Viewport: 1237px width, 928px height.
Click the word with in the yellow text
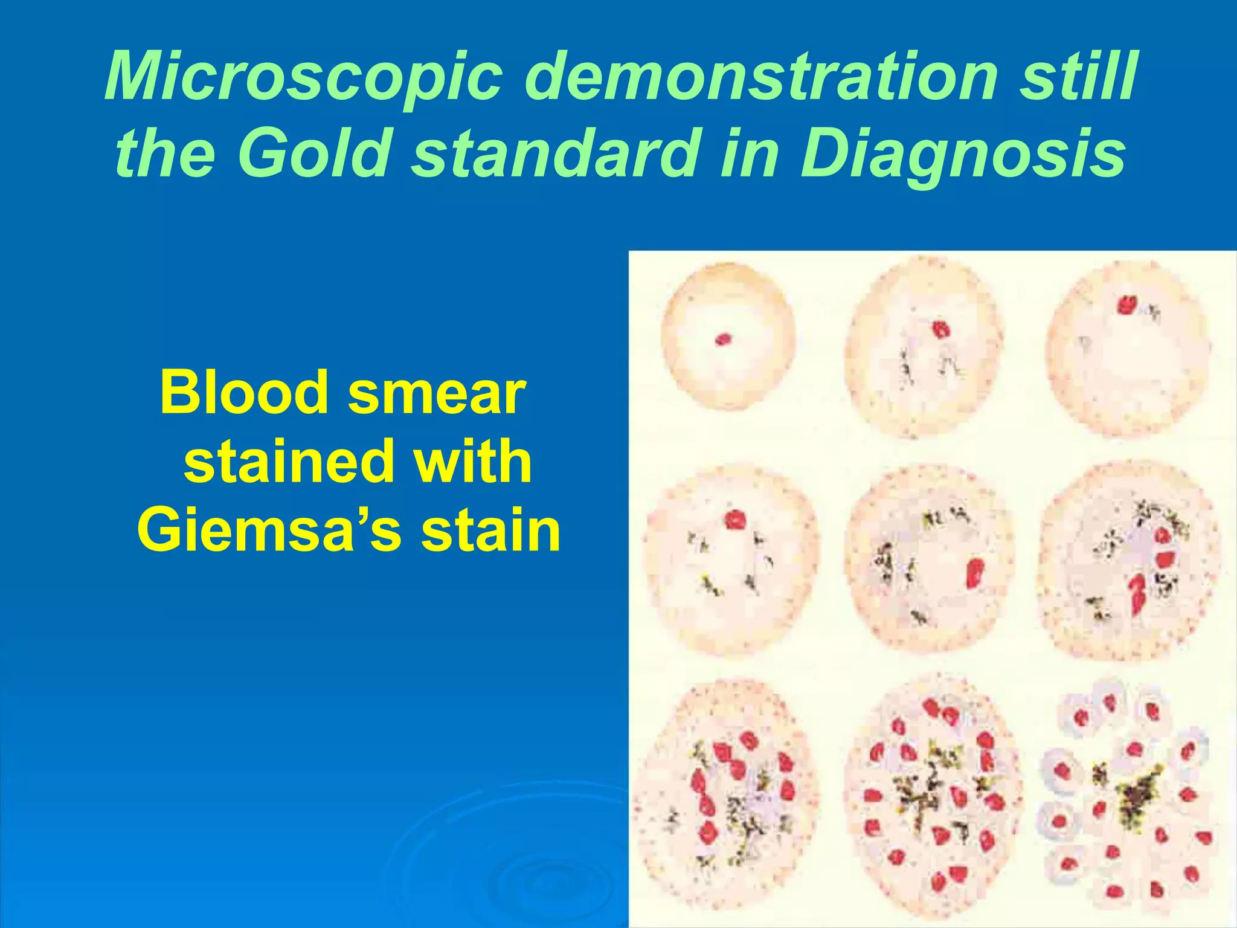(x=473, y=462)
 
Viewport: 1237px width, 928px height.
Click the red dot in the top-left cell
(x=723, y=340)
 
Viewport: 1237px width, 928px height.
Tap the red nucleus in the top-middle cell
(x=940, y=329)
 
